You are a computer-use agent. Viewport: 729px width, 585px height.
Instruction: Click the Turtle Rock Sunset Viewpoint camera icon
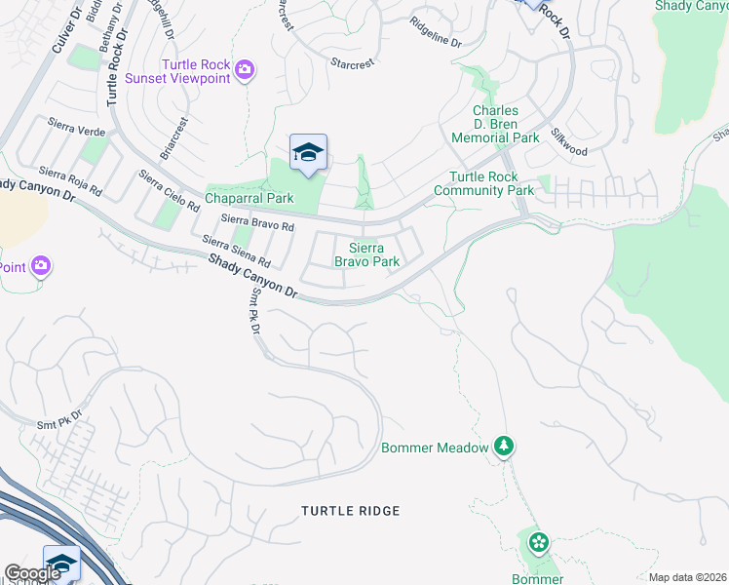[x=244, y=69]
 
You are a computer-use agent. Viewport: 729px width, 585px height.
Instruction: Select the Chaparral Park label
[x=249, y=198]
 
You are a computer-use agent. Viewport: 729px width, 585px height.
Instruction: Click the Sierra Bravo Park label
[x=367, y=254]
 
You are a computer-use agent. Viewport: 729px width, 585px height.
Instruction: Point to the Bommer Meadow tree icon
[x=504, y=447]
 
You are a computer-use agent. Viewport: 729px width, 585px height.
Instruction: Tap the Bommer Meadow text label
[x=434, y=448]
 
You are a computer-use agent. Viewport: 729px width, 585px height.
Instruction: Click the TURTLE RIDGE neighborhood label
[x=350, y=511]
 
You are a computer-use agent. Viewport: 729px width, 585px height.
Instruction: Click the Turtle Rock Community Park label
[x=491, y=183]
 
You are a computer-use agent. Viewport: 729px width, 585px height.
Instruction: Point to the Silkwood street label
[x=568, y=143]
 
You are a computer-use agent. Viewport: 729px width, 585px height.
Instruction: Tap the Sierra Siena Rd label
[x=235, y=253]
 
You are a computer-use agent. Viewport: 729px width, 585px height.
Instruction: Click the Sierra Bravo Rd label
[x=257, y=223]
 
